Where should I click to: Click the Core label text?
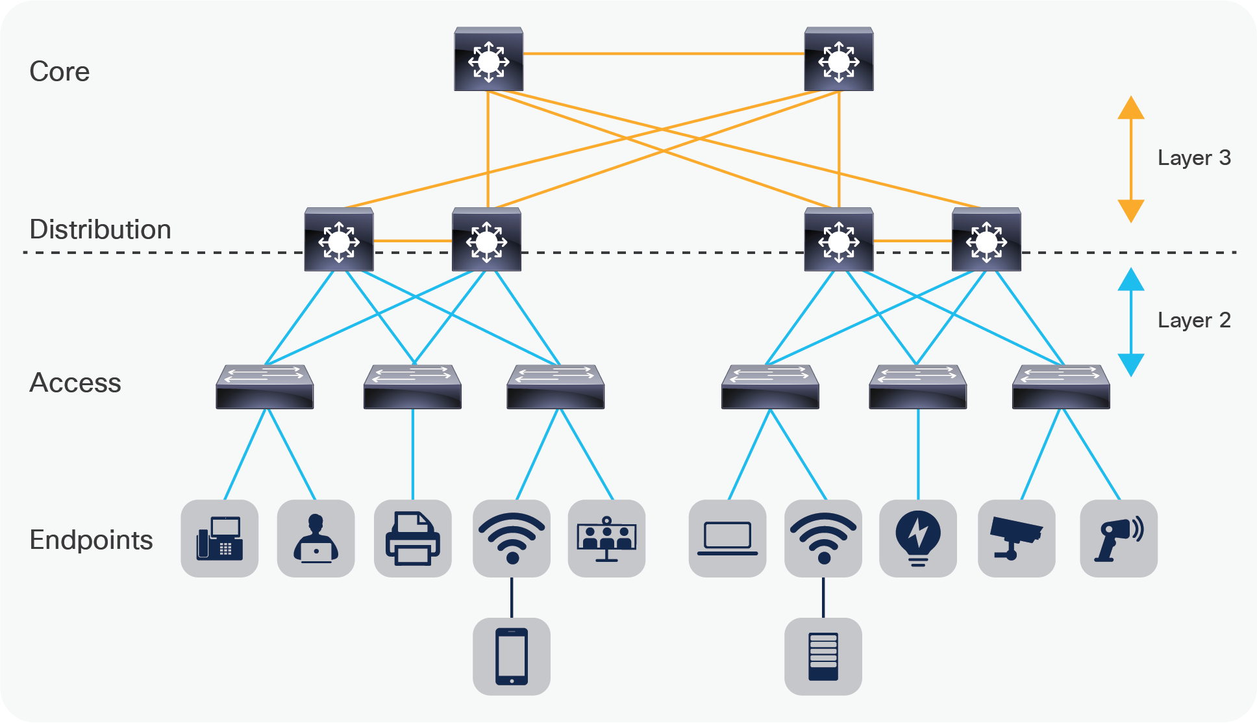point(59,71)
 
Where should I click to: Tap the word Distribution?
point(100,229)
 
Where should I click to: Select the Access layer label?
point(75,383)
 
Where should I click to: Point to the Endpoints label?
point(91,540)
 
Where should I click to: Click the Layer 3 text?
point(1193,158)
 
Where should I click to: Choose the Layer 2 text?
point(1193,320)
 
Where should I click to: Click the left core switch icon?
point(488,60)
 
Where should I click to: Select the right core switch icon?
point(838,60)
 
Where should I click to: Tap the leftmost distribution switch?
point(338,240)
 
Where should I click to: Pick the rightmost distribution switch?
point(986,240)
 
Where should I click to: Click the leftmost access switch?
point(264,387)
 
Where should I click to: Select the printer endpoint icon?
point(412,539)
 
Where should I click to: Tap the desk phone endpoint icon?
point(219,539)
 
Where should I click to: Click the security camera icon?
point(1016,539)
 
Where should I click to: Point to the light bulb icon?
point(917,539)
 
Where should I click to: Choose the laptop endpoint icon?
point(727,539)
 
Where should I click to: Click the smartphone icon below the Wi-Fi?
point(512,656)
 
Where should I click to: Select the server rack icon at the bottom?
point(823,656)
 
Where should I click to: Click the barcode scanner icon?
point(1118,539)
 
